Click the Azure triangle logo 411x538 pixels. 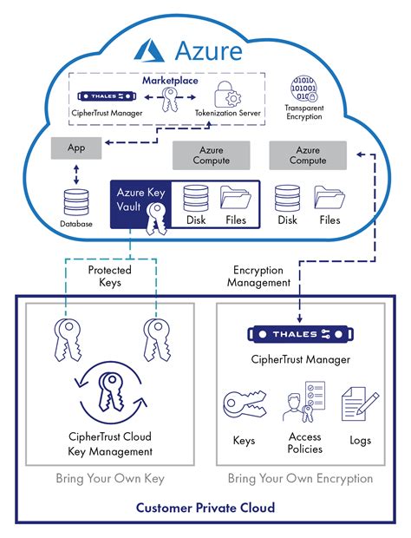point(149,50)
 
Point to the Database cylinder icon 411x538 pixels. point(76,203)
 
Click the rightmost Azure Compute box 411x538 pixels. point(307,155)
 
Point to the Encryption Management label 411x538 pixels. point(258,277)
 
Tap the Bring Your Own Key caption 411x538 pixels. point(109,478)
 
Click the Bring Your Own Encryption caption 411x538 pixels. point(300,478)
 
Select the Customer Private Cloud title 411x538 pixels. point(205,507)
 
